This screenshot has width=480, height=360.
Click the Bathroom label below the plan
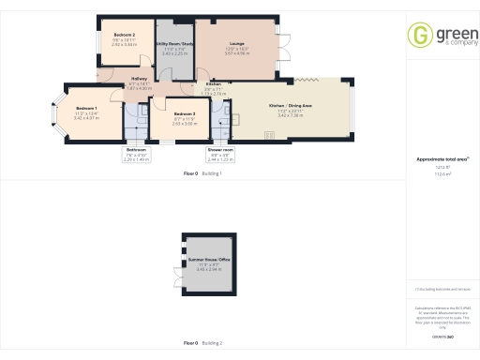(x=137, y=150)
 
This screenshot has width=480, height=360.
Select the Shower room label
(x=221, y=150)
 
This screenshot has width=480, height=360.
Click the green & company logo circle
(x=419, y=36)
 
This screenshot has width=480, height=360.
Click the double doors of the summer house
(x=176, y=278)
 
